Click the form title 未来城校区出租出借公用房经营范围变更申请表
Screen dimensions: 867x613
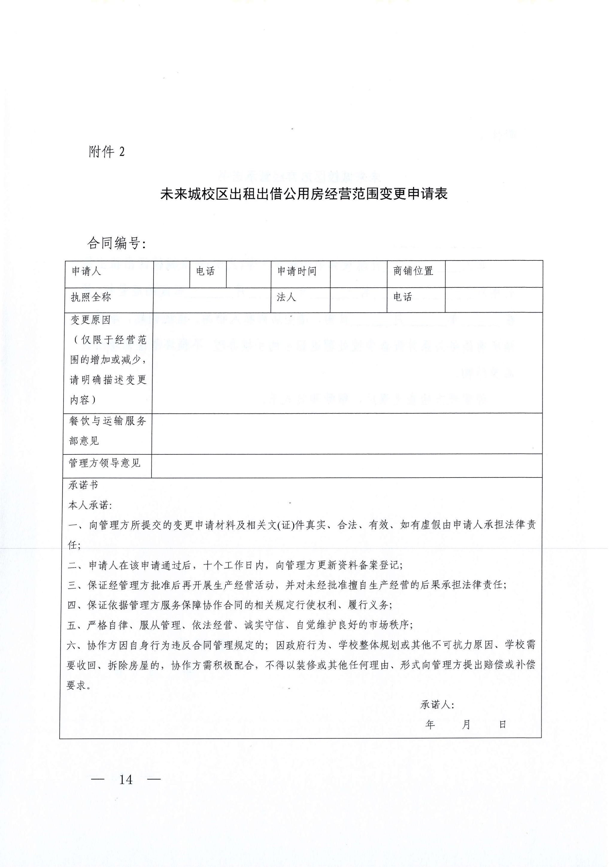click(x=306, y=195)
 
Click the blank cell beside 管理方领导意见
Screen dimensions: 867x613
click(x=347, y=466)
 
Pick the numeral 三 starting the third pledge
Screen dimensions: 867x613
click(x=72, y=587)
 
